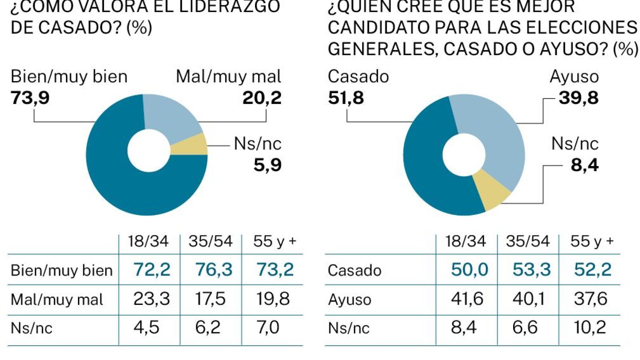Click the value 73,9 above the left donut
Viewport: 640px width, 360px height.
30,98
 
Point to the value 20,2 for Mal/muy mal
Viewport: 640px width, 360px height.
262,98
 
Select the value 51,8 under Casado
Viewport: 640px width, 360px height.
346,98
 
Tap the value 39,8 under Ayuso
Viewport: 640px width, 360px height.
578,98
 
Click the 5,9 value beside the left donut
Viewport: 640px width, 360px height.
267,165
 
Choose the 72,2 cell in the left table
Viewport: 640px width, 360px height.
152,270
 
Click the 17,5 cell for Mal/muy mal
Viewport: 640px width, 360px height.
211,299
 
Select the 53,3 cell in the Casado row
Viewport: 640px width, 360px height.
532,270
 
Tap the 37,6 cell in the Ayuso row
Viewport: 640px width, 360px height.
590,299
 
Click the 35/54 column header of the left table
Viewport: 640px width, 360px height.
211,241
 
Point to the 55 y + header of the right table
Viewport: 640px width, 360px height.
592,241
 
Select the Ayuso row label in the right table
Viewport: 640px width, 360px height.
349,300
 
